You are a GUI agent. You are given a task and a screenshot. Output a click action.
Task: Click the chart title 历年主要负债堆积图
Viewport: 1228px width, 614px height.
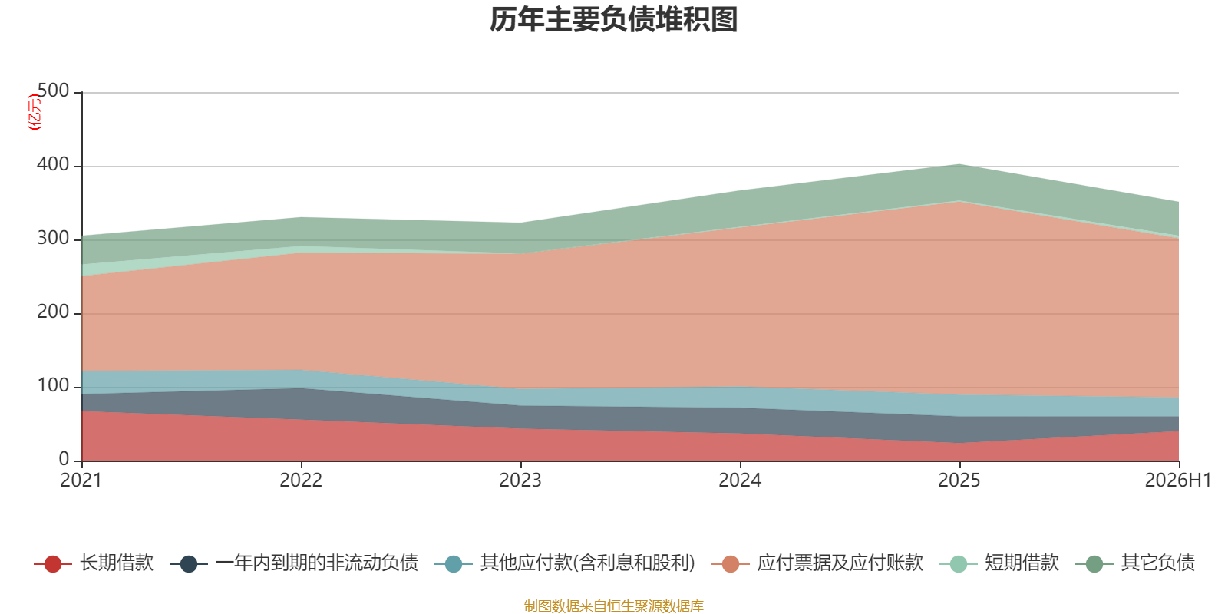point(613,20)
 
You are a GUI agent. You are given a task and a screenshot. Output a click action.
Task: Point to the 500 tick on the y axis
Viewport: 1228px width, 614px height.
point(53,91)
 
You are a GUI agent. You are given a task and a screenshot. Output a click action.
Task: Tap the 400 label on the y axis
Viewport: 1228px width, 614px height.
point(53,164)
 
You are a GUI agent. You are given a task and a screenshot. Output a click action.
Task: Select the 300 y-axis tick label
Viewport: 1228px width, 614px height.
point(53,239)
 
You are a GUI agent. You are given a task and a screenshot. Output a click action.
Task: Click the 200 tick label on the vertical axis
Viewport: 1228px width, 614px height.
point(53,312)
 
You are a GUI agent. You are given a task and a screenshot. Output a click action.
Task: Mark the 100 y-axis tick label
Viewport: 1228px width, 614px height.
point(53,386)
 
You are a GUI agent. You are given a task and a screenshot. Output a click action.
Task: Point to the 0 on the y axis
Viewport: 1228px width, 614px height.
point(64,460)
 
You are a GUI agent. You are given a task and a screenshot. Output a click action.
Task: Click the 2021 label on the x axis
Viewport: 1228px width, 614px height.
point(81,480)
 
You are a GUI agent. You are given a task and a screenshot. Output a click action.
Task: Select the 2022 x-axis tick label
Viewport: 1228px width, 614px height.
point(301,480)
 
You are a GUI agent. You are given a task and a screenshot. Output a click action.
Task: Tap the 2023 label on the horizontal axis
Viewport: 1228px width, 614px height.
point(520,480)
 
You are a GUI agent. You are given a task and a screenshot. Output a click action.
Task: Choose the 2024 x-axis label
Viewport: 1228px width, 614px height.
point(740,480)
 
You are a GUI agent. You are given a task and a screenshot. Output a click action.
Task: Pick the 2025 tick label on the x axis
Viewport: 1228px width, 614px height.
point(959,480)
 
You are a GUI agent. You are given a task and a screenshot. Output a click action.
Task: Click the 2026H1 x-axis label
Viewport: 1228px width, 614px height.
point(1178,480)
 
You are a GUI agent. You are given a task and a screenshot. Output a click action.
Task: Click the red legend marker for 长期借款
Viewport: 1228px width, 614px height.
point(53,563)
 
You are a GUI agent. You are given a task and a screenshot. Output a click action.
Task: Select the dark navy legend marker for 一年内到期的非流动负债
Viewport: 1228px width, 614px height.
point(189,563)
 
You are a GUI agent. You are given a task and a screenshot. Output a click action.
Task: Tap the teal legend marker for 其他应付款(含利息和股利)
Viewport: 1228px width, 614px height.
point(454,563)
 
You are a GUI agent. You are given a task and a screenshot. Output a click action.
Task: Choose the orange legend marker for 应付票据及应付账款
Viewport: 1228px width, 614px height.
point(730,563)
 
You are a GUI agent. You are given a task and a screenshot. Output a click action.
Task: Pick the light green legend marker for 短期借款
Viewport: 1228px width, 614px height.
point(959,563)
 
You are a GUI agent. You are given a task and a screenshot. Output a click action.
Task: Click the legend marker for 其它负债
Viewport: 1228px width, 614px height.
point(1094,563)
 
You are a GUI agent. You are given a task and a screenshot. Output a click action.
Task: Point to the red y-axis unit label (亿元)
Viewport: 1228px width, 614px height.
point(34,112)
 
